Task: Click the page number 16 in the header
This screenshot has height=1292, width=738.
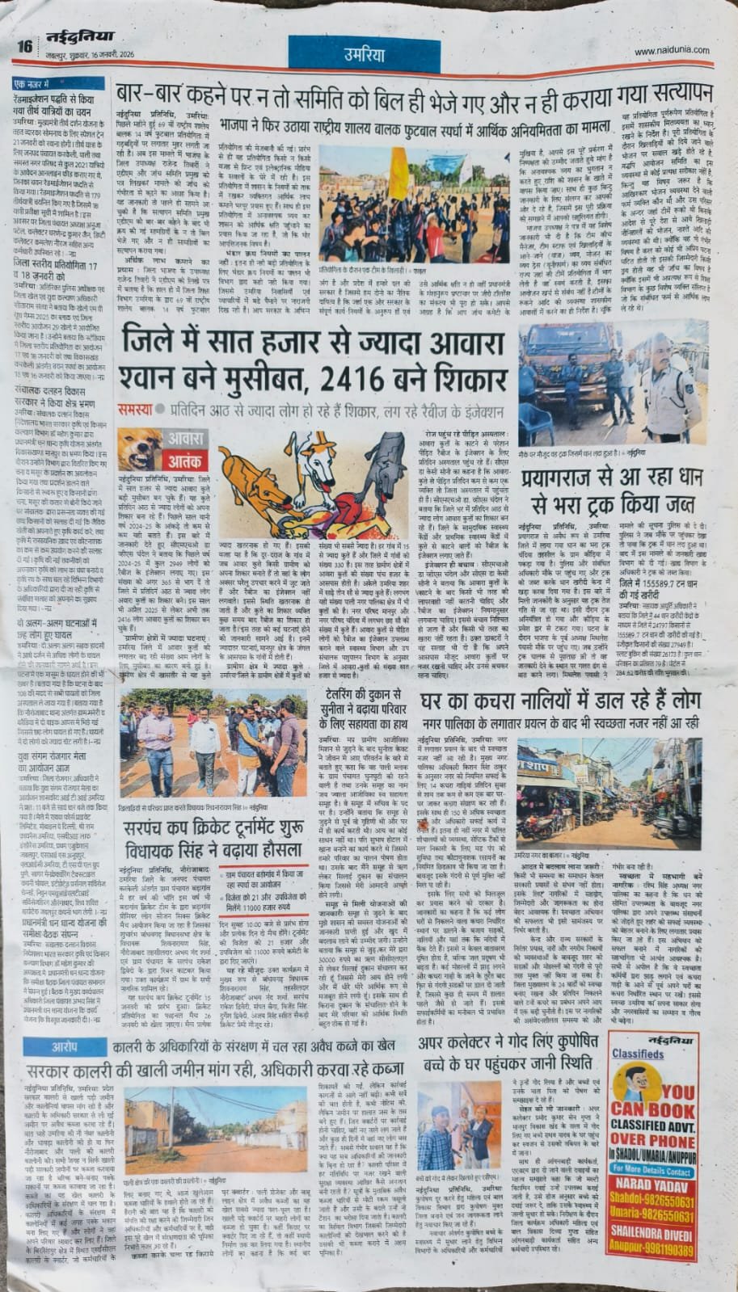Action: point(24,45)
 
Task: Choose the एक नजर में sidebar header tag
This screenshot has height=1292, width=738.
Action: point(34,83)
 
